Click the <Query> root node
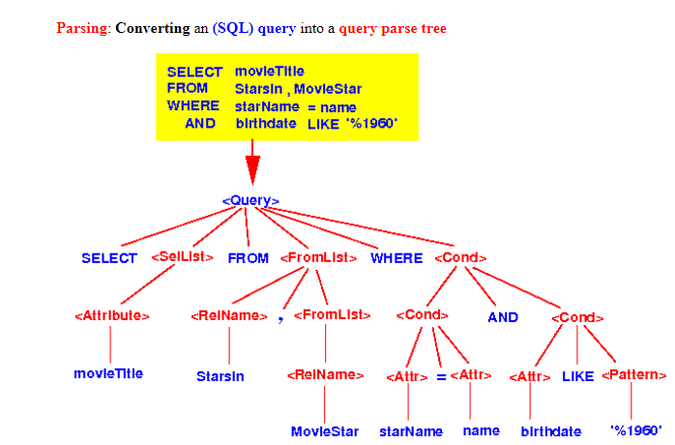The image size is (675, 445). click(250, 201)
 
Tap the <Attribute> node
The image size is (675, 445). click(111, 315)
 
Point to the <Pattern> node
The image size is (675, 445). click(634, 374)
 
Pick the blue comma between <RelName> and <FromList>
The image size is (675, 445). click(280, 318)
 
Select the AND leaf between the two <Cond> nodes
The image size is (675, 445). click(502, 317)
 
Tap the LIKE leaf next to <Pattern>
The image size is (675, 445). click(577, 375)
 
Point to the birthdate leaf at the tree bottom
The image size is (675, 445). click(551, 431)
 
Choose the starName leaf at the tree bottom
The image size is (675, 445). click(410, 431)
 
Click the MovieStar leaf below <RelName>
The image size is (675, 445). click(325, 431)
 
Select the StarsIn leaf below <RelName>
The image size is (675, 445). click(221, 374)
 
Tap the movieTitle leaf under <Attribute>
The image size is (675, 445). click(108, 373)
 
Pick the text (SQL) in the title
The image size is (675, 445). click(232, 29)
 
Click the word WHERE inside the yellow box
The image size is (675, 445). click(193, 106)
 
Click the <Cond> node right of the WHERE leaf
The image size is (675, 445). click(460, 258)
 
